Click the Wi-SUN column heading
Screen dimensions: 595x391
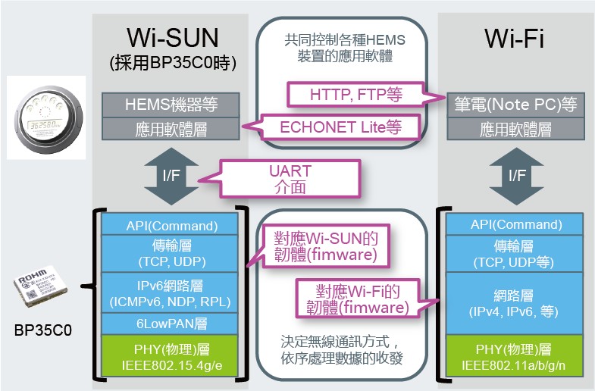click(173, 38)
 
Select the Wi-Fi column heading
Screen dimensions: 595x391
click(514, 39)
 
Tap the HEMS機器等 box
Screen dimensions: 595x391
click(171, 105)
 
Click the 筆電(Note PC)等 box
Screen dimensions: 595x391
click(515, 105)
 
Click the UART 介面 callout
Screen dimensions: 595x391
click(290, 179)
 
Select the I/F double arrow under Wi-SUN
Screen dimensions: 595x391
click(171, 176)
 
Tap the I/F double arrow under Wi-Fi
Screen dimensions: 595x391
click(516, 176)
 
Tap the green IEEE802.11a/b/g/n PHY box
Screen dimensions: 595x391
click(514, 355)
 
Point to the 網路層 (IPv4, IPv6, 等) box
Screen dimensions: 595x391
click(514, 303)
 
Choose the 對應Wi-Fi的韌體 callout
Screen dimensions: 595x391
click(358, 299)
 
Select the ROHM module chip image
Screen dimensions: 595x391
click(41, 286)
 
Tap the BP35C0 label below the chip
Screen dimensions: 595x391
click(43, 330)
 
